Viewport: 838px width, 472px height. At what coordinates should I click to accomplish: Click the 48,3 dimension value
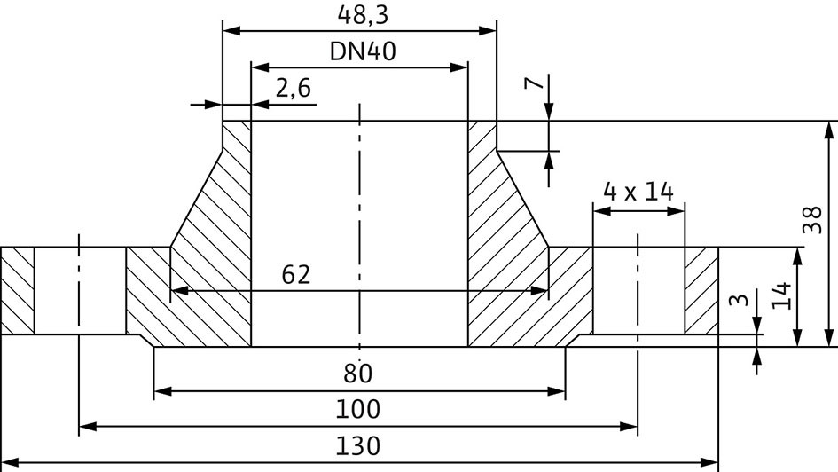(363, 14)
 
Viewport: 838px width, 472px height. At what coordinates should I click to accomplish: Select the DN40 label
(363, 51)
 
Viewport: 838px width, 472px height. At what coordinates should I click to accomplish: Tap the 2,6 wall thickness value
(293, 88)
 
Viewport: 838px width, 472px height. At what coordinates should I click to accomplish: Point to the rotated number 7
(534, 83)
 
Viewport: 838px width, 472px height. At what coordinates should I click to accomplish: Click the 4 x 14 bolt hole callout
(638, 192)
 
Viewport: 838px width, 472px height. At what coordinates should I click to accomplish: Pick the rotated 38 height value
(812, 219)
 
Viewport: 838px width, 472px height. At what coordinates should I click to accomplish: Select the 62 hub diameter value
(295, 275)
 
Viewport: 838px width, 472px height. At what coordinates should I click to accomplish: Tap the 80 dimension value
(357, 374)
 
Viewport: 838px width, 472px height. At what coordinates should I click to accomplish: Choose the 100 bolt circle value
(357, 410)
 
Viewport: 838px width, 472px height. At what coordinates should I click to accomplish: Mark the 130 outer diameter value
(357, 445)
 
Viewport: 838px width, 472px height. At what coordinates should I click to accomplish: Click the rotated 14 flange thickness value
(781, 295)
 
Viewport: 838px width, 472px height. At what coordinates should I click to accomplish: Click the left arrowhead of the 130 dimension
(11, 462)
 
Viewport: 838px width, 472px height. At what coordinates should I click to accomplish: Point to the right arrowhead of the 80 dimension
(557, 391)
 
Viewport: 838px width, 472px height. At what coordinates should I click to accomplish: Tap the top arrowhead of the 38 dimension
(829, 130)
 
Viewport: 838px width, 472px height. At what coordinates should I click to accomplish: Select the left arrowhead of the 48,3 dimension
(231, 31)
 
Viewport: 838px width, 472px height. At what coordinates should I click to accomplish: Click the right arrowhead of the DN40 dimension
(459, 67)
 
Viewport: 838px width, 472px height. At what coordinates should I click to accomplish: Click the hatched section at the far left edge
(18, 291)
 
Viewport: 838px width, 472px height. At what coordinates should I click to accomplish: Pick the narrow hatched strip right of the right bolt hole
(701, 291)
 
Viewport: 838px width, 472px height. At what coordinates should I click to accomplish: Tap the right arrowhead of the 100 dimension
(629, 427)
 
